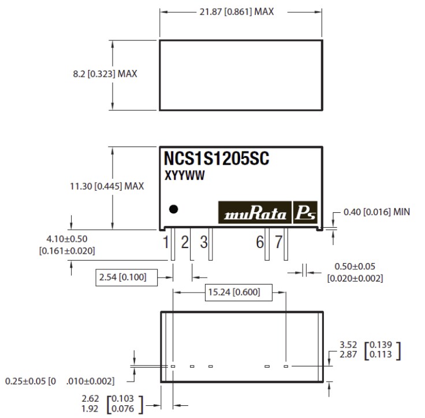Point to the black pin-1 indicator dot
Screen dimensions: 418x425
coord(173,210)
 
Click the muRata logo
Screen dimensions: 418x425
coord(255,213)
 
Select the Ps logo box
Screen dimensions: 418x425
coord(305,213)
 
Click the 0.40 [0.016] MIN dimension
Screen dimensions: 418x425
coord(376,212)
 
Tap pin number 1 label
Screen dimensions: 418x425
coord(166,242)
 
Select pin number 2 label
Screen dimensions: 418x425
coord(185,242)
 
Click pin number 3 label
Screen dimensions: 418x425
coord(203,242)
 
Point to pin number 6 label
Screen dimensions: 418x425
coord(260,242)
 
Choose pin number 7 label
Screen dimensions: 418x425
coord(278,242)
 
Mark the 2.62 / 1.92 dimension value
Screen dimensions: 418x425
coord(90,404)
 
